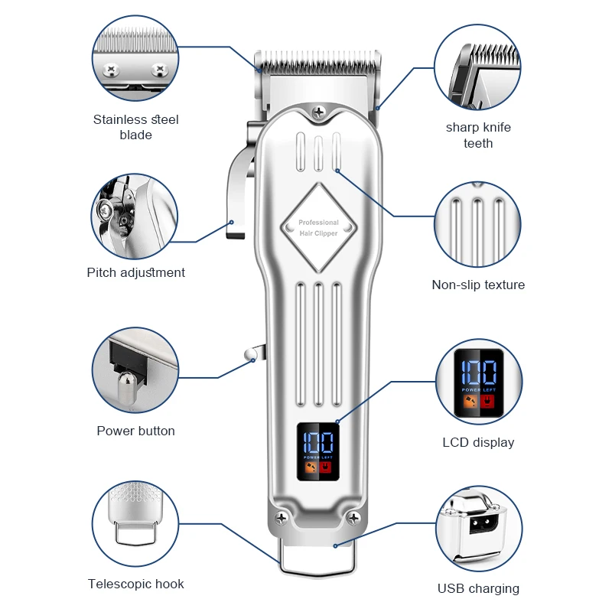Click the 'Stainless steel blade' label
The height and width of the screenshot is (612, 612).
[136, 127]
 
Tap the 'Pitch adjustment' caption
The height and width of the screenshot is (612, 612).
[136, 272]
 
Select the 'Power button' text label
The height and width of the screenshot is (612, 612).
[136, 431]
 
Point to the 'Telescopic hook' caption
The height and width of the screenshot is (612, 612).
[136, 584]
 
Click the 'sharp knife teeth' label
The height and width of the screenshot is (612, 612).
[478, 135]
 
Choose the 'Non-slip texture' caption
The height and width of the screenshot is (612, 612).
[478, 285]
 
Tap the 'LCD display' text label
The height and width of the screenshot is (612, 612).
[478, 442]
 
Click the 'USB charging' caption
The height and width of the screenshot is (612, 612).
[478, 588]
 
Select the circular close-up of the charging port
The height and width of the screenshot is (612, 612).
[479, 529]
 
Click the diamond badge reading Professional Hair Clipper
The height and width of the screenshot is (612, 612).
[318, 227]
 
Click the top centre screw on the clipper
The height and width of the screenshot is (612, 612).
[318, 113]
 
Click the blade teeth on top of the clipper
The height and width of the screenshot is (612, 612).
[317, 57]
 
